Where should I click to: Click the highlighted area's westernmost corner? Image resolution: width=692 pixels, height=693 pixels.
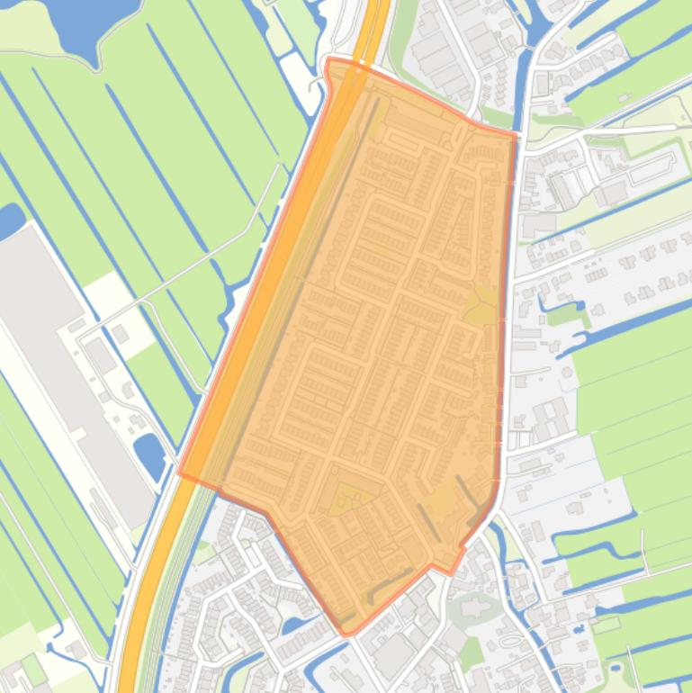coord(180,474)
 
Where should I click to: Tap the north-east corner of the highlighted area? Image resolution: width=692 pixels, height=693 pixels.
coord(517,135)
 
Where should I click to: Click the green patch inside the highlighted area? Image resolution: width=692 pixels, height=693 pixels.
coord(351,498)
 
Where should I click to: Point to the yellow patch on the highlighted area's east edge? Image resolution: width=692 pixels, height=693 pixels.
coord(483,304)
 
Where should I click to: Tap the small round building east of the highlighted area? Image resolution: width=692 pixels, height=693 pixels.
coord(568,372)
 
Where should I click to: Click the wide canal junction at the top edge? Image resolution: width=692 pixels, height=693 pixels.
coord(531,31)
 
